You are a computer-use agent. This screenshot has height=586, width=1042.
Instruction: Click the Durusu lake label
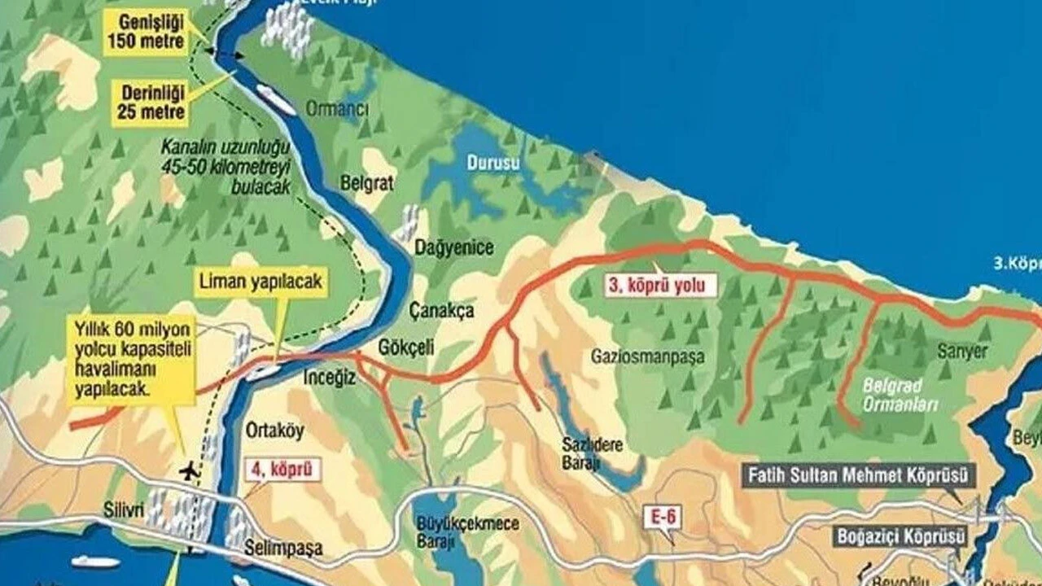tap(493, 163)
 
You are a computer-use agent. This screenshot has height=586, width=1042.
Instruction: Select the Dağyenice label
tap(454, 247)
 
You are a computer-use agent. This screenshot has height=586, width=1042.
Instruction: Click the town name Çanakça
tap(441, 310)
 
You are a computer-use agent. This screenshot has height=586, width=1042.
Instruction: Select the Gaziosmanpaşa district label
tap(648, 356)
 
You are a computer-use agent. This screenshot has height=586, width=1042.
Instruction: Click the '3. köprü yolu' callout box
tap(660, 285)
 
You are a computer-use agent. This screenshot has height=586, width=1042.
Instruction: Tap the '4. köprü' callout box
tap(282, 470)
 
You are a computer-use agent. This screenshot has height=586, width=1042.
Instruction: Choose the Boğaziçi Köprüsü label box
tap(900, 537)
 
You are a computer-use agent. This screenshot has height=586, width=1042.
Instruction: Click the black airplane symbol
tap(190, 470)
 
